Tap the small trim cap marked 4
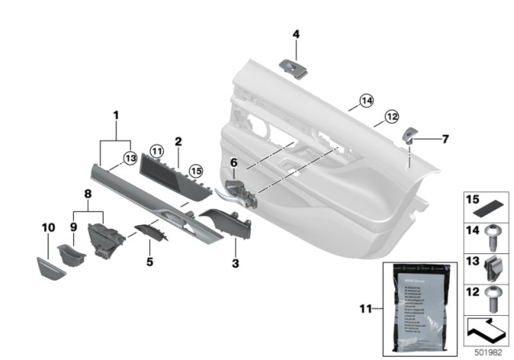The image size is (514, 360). [295, 68]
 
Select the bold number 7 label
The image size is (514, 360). [446, 138]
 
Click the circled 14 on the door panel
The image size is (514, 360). [365, 101]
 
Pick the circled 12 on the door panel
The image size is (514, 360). [391, 116]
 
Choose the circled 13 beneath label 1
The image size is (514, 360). [128, 157]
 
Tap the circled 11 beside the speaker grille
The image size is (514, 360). [157, 149]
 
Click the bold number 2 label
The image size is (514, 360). [179, 141]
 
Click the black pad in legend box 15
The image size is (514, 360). [485, 205]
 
